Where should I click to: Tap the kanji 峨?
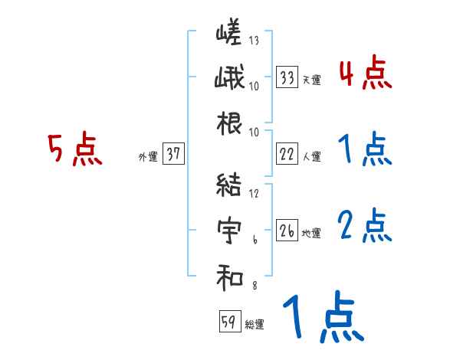click(x=228, y=79)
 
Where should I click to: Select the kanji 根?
click(x=228, y=123)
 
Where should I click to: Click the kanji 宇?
click(x=228, y=231)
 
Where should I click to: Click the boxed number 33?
click(x=287, y=77)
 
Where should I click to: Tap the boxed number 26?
click(x=287, y=230)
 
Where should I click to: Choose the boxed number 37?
click(x=173, y=155)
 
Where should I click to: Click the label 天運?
click(x=311, y=80)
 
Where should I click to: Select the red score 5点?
click(x=74, y=149)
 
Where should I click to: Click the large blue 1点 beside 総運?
click(x=322, y=319)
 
